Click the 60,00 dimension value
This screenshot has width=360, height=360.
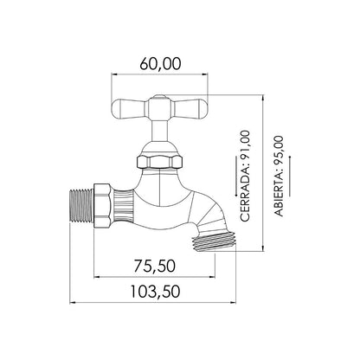160,64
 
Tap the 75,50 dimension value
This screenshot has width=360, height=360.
155,266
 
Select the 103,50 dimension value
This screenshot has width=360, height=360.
155,292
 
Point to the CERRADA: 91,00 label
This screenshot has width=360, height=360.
245,176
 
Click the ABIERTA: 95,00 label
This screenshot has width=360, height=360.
279,176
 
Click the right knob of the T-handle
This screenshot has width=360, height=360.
190,108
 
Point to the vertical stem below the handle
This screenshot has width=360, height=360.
159,132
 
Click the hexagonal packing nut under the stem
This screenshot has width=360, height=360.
159,162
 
